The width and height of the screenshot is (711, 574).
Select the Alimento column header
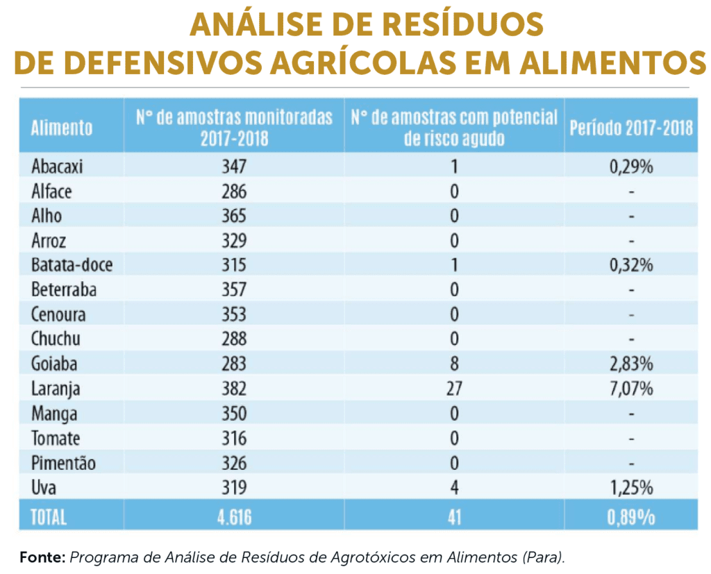click(x=62, y=128)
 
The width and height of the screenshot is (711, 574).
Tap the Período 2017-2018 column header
click(x=631, y=128)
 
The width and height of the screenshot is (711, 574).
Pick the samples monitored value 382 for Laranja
click(x=233, y=389)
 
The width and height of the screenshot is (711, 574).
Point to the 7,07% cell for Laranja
click(x=631, y=389)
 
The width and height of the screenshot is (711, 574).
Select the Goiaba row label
click(x=54, y=364)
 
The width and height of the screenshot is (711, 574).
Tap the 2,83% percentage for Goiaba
click(x=631, y=364)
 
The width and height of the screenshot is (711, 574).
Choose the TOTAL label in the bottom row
click(x=49, y=517)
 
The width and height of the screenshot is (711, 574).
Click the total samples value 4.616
click(x=233, y=517)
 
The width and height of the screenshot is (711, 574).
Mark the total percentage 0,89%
click(x=631, y=517)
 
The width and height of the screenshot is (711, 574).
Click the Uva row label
click(x=44, y=488)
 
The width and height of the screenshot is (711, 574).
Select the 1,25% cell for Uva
click(x=631, y=488)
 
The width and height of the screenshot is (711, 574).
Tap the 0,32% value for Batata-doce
click(x=631, y=265)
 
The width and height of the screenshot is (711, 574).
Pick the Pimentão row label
click(x=63, y=463)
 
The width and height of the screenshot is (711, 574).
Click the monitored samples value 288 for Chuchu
click(x=233, y=339)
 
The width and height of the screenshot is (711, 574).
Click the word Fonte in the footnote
click(x=42, y=557)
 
